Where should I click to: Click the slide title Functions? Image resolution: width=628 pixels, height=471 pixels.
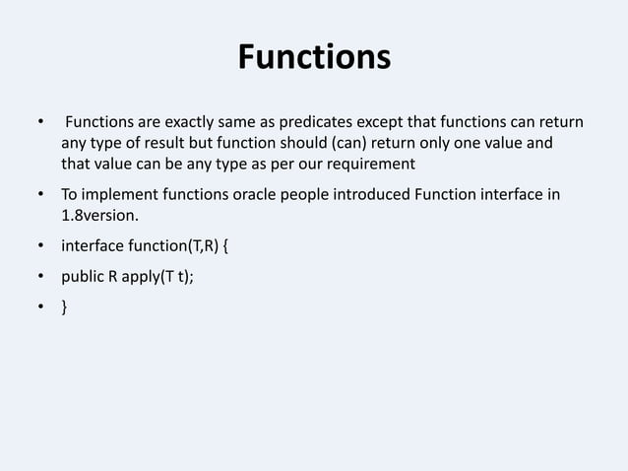click(314, 58)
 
